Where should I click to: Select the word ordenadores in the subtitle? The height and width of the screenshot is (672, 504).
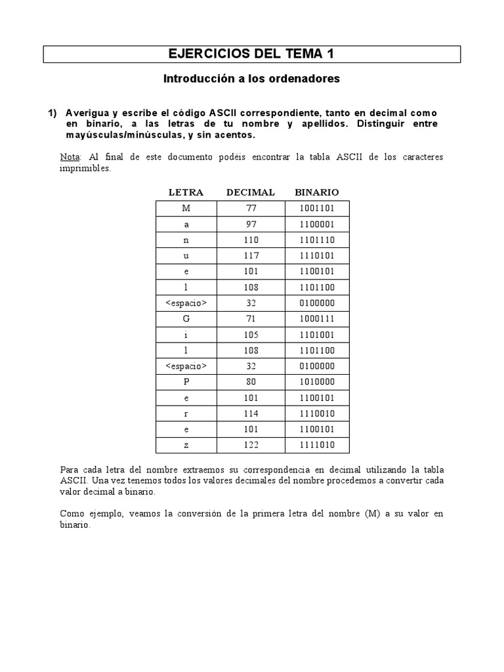pyautogui.click(x=304, y=79)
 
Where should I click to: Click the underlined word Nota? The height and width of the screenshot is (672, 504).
pyautogui.click(x=69, y=157)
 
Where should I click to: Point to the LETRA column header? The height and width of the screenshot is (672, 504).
pyautogui.click(x=186, y=192)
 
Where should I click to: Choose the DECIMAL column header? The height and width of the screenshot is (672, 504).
pyautogui.click(x=251, y=192)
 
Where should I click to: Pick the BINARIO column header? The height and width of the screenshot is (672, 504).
pyautogui.click(x=317, y=192)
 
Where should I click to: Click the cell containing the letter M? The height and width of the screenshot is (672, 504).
pyautogui.click(x=186, y=209)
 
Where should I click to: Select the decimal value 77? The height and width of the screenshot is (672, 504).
pyautogui.click(x=251, y=209)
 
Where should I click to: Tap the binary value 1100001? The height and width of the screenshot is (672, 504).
pyautogui.click(x=317, y=224)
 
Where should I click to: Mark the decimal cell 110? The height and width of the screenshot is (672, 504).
pyautogui.click(x=251, y=240)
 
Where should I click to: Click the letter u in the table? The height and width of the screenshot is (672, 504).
pyautogui.click(x=186, y=256)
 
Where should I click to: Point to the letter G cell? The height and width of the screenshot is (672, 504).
pyautogui.click(x=186, y=319)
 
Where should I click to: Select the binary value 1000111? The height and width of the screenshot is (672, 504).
pyautogui.click(x=317, y=319)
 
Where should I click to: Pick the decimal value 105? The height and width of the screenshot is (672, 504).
pyautogui.click(x=251, y=335)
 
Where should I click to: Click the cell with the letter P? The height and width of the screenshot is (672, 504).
pyautogui.click(x=186, y=382)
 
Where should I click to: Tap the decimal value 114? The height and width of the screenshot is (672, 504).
pyautogui.click(x=251, y=413)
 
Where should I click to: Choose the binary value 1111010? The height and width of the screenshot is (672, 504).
pyautogui.click(x=317, y=445)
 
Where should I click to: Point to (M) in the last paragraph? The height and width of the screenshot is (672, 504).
pyautogui.click(x=372, y=514)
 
